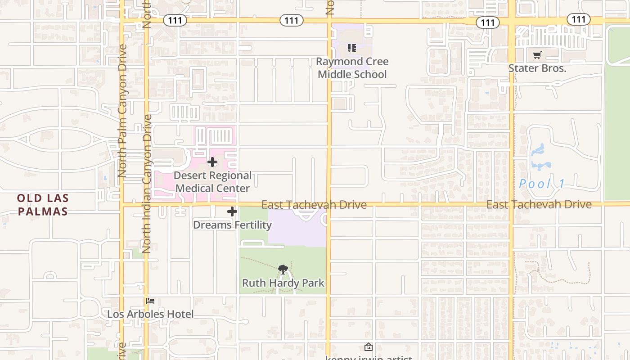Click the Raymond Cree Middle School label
click(x=352, y=68)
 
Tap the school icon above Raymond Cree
click(x=352, y=48)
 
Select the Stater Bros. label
click(x=537, y=68)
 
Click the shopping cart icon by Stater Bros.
click(x=537, y=55)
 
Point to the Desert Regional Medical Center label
click(x=212, y=182)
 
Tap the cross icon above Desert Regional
click(x=212, y=162)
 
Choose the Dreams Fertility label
click(x=232, y=225)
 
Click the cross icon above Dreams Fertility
click(x=232, y=211)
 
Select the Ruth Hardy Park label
click(x=283, y=283)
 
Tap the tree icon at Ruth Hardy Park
click(x=283, y=270)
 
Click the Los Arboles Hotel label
click(x=150, y=314)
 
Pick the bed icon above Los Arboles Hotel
click(x=150, y=301)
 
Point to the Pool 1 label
click(x=542, y=184)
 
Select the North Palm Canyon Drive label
click(x=122, y=110)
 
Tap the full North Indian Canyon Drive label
click(x=147, y=184)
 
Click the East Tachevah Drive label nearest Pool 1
click(x=539, y=204)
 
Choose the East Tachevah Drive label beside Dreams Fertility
click(x=314, y=205)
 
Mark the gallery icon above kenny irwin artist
click(x=368, y=347)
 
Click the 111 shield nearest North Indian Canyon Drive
click(x=175, y=20)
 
